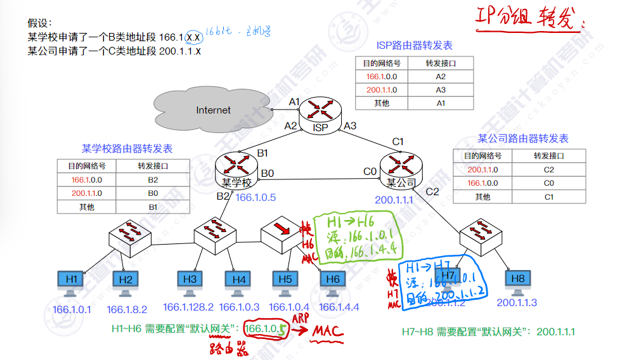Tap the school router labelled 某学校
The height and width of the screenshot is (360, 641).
pos(235,169)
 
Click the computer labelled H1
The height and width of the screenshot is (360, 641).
pos(71,283)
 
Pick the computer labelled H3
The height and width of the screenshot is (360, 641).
pos(190,283)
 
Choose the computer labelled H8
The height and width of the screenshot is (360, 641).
pos(517,283)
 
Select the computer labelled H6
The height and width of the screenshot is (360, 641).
pos(332,283)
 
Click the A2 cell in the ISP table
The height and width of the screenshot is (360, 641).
pos(441,77)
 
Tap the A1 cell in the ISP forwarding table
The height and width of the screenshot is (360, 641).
pos(441,103)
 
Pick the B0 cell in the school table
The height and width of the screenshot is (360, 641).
pos(153,193)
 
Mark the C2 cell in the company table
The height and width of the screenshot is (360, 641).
pos(548,169)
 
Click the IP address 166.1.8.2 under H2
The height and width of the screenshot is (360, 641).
pos(127,309)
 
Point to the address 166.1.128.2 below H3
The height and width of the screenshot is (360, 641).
pos(188,307)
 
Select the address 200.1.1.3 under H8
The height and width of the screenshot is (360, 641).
pos(517,302)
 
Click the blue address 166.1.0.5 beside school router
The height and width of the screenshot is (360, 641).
pos(256,197)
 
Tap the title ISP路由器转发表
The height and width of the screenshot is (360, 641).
pos(415,46)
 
